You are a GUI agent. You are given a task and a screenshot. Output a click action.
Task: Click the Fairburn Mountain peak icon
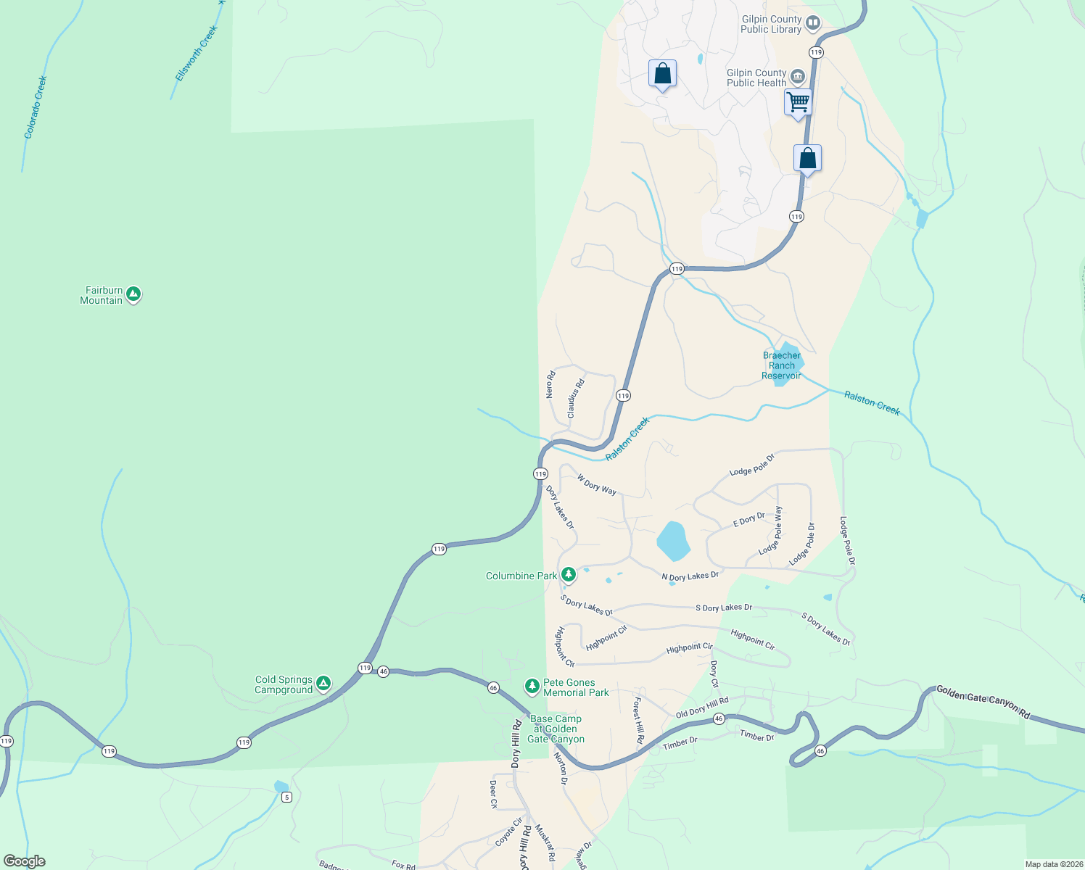click(x=133, y=294)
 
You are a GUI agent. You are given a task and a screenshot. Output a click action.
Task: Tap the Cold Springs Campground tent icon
click(x=323, y=684)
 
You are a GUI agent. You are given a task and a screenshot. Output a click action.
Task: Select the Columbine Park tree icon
click(x=569, y=575)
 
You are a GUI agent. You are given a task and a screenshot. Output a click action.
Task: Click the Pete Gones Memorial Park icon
click(x=532, y=686)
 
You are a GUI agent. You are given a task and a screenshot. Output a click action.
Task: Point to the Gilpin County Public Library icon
click(x=813, y=23)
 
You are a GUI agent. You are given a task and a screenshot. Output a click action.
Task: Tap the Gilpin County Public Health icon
click(x=798, y=77)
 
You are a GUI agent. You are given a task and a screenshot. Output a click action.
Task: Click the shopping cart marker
click(x=798, y=103)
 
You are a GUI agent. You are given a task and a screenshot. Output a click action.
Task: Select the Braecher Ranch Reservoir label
click(x=781, y=365)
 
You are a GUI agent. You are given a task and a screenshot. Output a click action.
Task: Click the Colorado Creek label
click(x=36, y=107)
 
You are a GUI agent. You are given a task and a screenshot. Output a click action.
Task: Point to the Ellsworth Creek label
click(x=196, y=54)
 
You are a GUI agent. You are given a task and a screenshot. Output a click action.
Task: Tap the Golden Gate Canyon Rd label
click(x=983, y=701)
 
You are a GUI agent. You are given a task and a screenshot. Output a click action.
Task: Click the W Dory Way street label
click(x=596, y=485)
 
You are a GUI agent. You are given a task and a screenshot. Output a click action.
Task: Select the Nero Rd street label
click(x=550, y=384)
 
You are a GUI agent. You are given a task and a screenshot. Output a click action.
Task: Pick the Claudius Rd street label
click(x=575, y=399)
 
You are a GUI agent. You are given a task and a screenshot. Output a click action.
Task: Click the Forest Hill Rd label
click(x=639, y=721)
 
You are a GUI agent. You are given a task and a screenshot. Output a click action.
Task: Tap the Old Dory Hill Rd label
click(x=702, y=708)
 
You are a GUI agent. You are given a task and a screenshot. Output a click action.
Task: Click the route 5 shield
click(x=287, y=797)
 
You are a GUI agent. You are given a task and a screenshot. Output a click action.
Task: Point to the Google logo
click(x=24, y=861)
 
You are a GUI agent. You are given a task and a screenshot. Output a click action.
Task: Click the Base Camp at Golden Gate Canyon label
click(x=556, y=729)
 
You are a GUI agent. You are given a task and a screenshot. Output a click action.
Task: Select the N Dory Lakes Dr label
click(x=690, y=576)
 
